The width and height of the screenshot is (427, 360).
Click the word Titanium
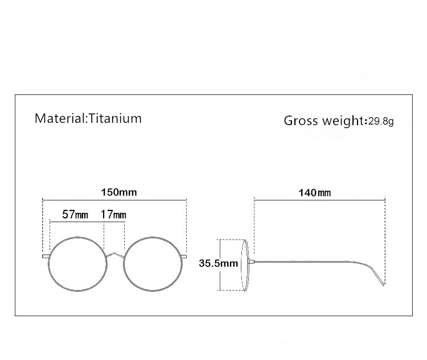(115, 118)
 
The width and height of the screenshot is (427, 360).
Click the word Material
(60, 118)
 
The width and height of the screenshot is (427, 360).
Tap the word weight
(343, 121)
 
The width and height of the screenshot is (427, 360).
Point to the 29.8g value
(381, 121)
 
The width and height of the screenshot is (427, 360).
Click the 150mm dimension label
(119, 192)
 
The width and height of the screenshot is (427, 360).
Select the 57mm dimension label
(75, 214)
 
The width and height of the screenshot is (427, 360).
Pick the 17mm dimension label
(113, 214)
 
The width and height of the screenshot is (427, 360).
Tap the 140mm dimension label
(314, 193)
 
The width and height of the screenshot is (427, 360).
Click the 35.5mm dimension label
(219, 263)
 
